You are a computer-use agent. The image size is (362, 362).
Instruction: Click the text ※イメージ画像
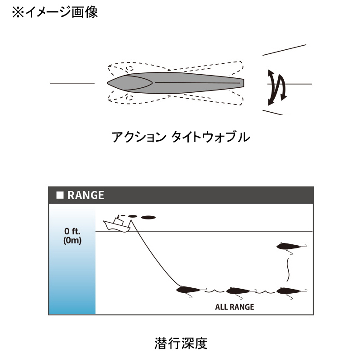pos(55,12)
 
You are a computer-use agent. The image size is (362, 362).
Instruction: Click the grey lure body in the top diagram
pos(176,83)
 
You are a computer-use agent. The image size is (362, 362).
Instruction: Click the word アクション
pos(139,137)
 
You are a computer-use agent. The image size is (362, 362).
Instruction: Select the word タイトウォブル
pos(210,137)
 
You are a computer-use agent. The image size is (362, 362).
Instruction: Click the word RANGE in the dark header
pos(86,195)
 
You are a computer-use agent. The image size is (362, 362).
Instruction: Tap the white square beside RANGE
pos(60,195)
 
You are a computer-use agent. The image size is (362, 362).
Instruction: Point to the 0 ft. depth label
pos(72,231)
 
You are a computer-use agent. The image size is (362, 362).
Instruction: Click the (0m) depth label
pos(72,240)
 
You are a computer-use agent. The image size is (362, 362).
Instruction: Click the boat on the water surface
pos(117,224)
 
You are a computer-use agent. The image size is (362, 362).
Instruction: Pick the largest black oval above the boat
pos(148,217)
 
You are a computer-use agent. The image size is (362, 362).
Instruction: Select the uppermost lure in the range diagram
pos(291,248)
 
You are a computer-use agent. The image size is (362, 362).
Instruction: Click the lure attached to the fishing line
pos(191,291)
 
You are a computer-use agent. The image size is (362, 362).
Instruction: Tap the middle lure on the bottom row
pos(241,292)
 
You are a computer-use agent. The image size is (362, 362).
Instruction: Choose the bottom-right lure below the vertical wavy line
pos(291,292)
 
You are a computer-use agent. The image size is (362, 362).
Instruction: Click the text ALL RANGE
pos(234,307)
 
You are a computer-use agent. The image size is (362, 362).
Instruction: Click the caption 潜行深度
pos(181,343)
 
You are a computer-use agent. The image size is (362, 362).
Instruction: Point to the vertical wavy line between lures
pos(288,270)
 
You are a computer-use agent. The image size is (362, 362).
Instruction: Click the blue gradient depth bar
pos(72,259)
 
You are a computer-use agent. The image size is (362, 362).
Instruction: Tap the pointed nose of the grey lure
pos(107,83)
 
